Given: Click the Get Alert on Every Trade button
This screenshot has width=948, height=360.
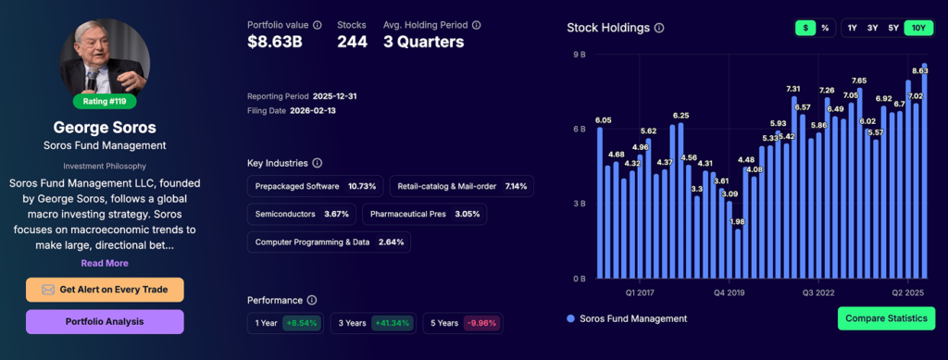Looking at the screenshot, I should coord(105,290).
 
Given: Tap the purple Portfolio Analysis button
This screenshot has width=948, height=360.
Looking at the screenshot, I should coord(105,322).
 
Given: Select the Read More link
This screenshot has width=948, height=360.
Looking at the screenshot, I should coord(105,263).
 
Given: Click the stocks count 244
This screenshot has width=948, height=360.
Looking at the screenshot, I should coord(352,42).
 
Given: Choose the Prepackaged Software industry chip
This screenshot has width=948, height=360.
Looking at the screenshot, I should coord(316,186).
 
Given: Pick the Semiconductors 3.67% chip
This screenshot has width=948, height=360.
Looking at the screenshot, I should coord(302,214).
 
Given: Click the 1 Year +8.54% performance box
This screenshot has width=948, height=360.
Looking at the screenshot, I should coord(285,323).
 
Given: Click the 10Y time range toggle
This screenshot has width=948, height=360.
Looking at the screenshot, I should coord(918,28).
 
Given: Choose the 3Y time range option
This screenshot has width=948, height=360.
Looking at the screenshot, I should coord(873,28).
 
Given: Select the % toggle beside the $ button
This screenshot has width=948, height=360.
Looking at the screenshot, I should coord(825,28).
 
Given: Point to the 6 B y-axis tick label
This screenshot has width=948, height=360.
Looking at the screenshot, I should coord(580,130).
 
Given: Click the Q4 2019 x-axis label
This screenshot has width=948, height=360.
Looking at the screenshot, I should coord(730,292).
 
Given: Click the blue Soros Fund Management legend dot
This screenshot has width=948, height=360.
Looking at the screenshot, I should coord(570,319).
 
